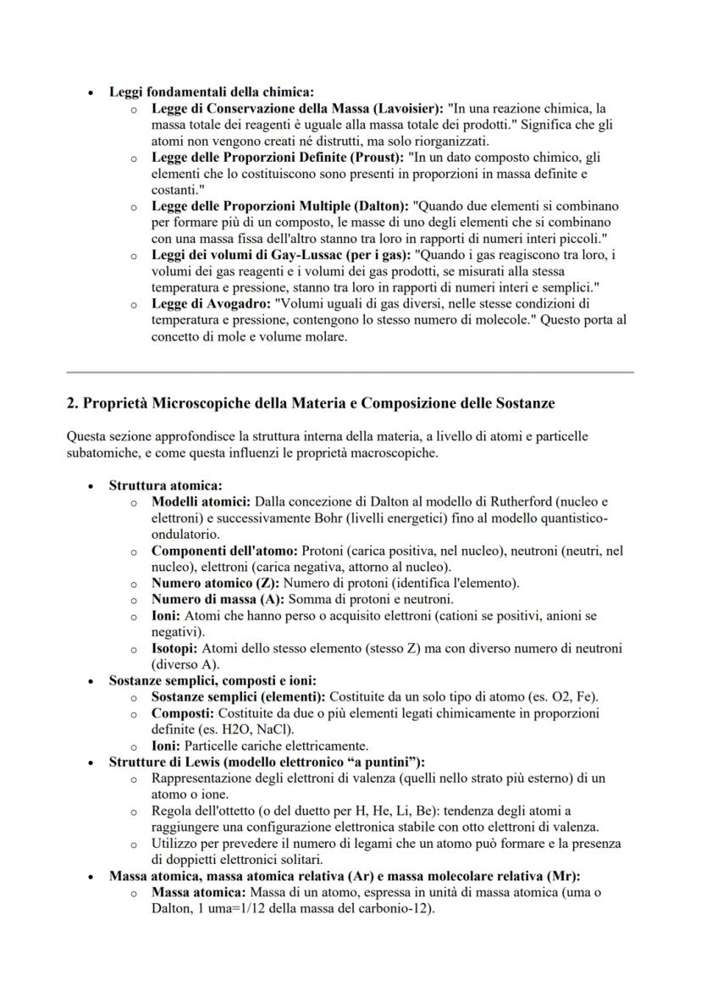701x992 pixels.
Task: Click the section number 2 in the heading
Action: coord(71,402)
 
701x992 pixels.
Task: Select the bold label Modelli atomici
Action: coord(201,502)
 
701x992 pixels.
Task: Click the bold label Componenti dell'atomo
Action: coord(224,551)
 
